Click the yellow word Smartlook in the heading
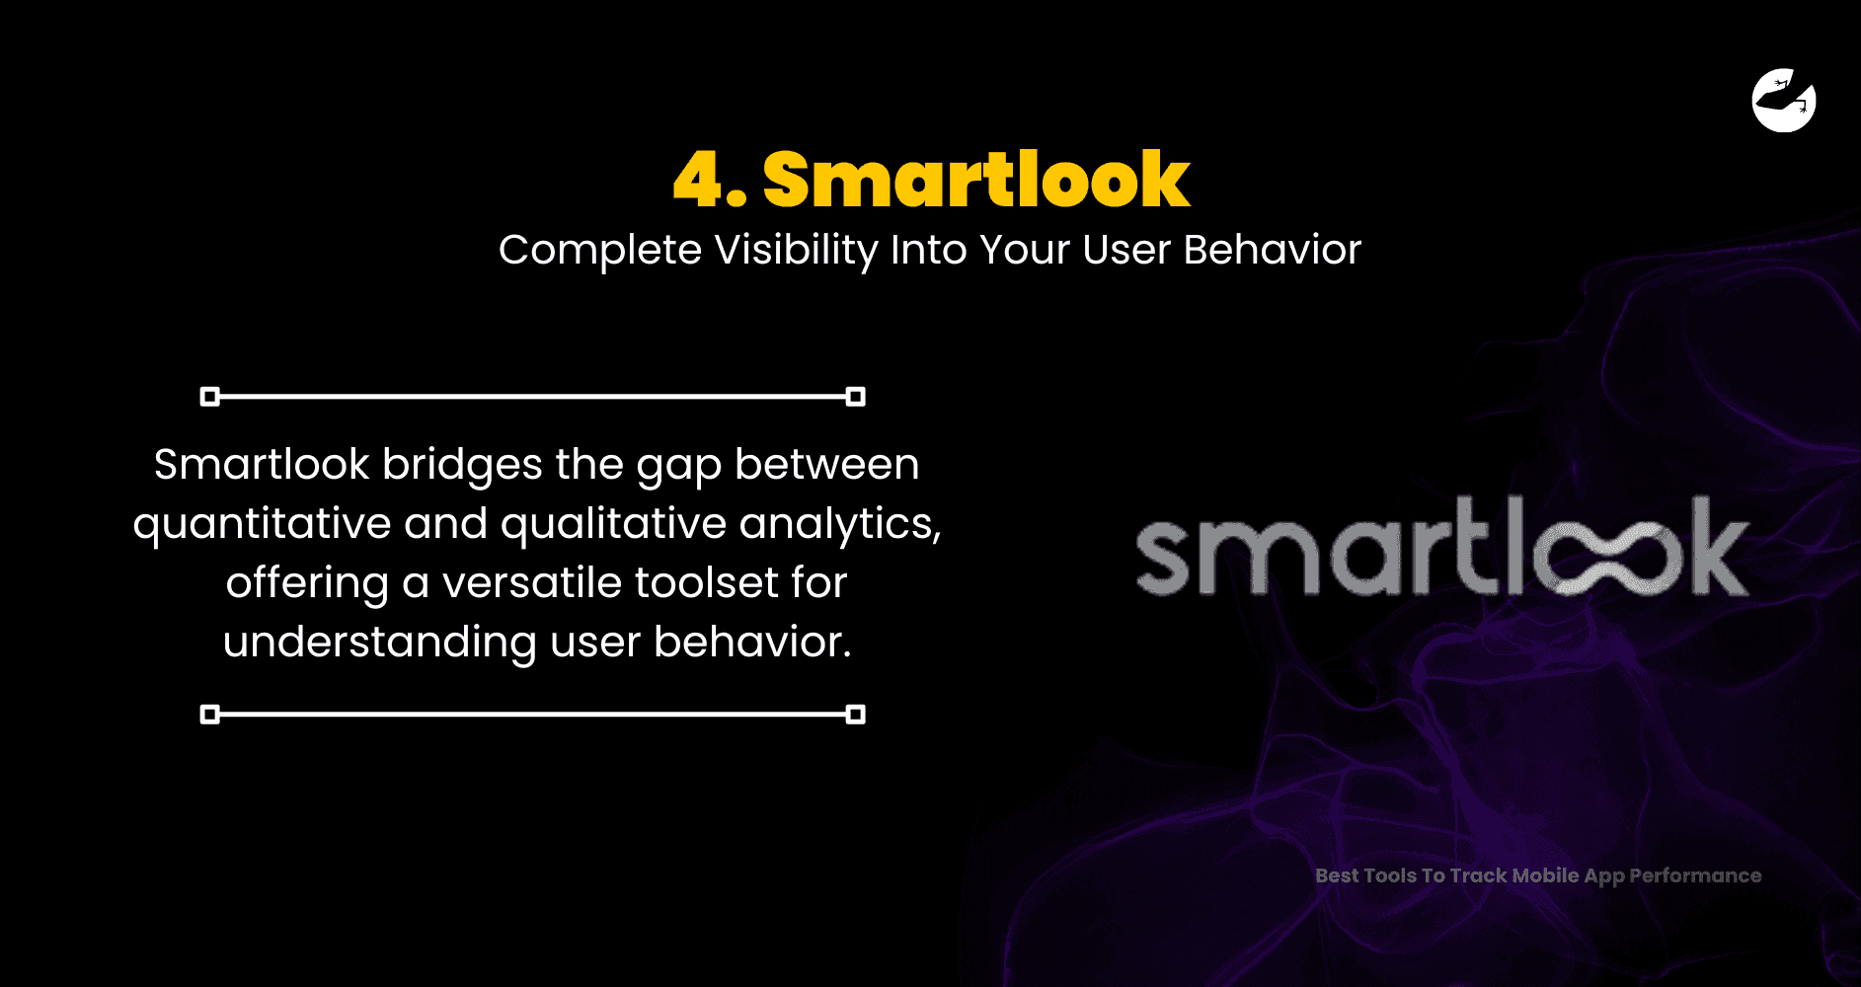pyautogui.click(x=976, y=179)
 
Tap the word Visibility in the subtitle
pyautogui.click(x=796, y=251)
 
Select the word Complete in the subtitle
pyautogui.click(x=600, y=251)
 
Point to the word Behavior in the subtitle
pyautogui.click(x=1273, y=250)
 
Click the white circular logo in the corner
pyautogui.click(x=1784, y=100)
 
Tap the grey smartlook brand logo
pyautogui.click(x=1442, y=548)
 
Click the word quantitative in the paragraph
pyautogui.click(x=262, y=525)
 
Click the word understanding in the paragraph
pyautogui.click(x=380, y=644)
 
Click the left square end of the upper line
pyautogui.click(x=209, y=397)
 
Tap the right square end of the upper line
pyautogui.click(x=856, y=397)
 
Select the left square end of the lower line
pyautogui.click(x=209, y=715)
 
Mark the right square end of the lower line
pyautogui.click(x=856, y=715)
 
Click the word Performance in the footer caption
pyautogui.click(x=1695, y=875)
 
